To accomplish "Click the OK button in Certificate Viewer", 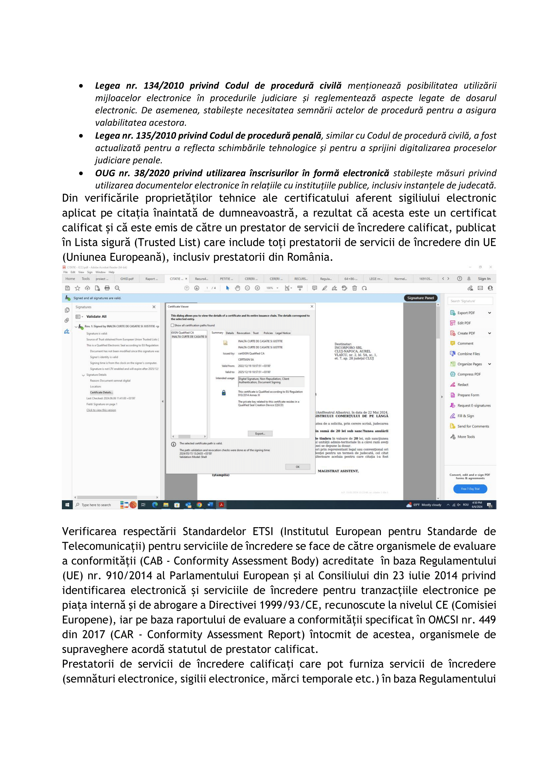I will click(297, 467).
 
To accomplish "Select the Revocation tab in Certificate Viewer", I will click(243, 333).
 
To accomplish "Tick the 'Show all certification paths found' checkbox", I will click(172, 325).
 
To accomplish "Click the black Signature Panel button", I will click(420, 298).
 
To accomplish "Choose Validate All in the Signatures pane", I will click(96, 317).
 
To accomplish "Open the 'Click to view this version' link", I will click(101, 410).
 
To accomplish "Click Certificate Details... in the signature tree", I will click(102, 392).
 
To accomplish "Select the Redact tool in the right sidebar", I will click(462, 385).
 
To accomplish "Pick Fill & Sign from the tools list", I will click(466, 416).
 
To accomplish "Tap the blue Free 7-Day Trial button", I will click(470, 489).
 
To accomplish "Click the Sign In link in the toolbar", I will click(484, 279).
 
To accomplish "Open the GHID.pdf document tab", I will click(127, 279).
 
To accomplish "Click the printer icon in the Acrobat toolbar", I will click(107, 288).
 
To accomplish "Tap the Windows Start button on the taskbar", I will click(67, 505).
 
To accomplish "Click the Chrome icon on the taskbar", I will click(199, 505).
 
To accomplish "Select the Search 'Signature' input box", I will click(470, 301).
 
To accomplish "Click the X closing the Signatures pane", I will click(154, 307).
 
